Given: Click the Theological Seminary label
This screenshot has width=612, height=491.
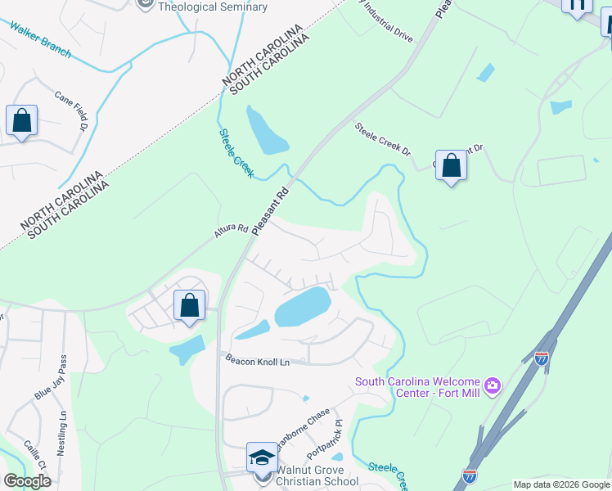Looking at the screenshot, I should [212, 7].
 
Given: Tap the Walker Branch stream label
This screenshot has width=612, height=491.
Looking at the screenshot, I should [41, 40].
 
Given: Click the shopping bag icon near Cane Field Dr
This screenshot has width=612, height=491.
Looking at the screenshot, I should [21, 120].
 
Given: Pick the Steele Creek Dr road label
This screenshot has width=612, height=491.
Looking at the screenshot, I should [382, 138].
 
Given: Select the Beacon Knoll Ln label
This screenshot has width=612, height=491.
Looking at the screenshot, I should [258, 359].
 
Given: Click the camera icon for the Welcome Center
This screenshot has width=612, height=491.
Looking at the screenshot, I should [492, 384].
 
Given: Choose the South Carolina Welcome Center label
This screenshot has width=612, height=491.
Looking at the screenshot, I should [419, 388].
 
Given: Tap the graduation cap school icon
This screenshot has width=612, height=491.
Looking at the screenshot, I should [261, 457].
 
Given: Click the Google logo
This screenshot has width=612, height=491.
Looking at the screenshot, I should [27, 481].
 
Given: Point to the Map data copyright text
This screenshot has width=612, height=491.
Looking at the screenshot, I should [560, 484].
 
